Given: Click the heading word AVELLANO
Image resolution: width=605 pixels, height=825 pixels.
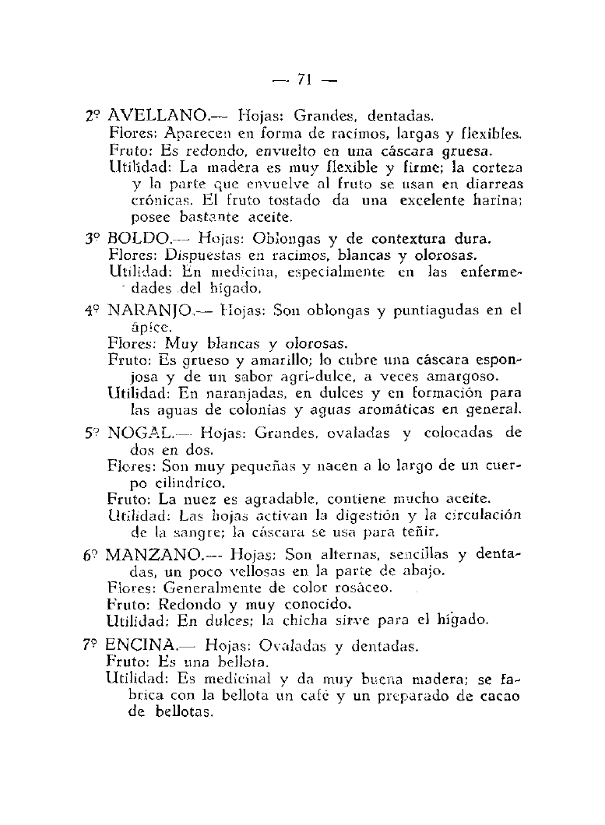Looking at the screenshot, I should tap(155, 117).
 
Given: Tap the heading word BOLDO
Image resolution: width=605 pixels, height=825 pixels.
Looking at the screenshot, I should tap(137, 237).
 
